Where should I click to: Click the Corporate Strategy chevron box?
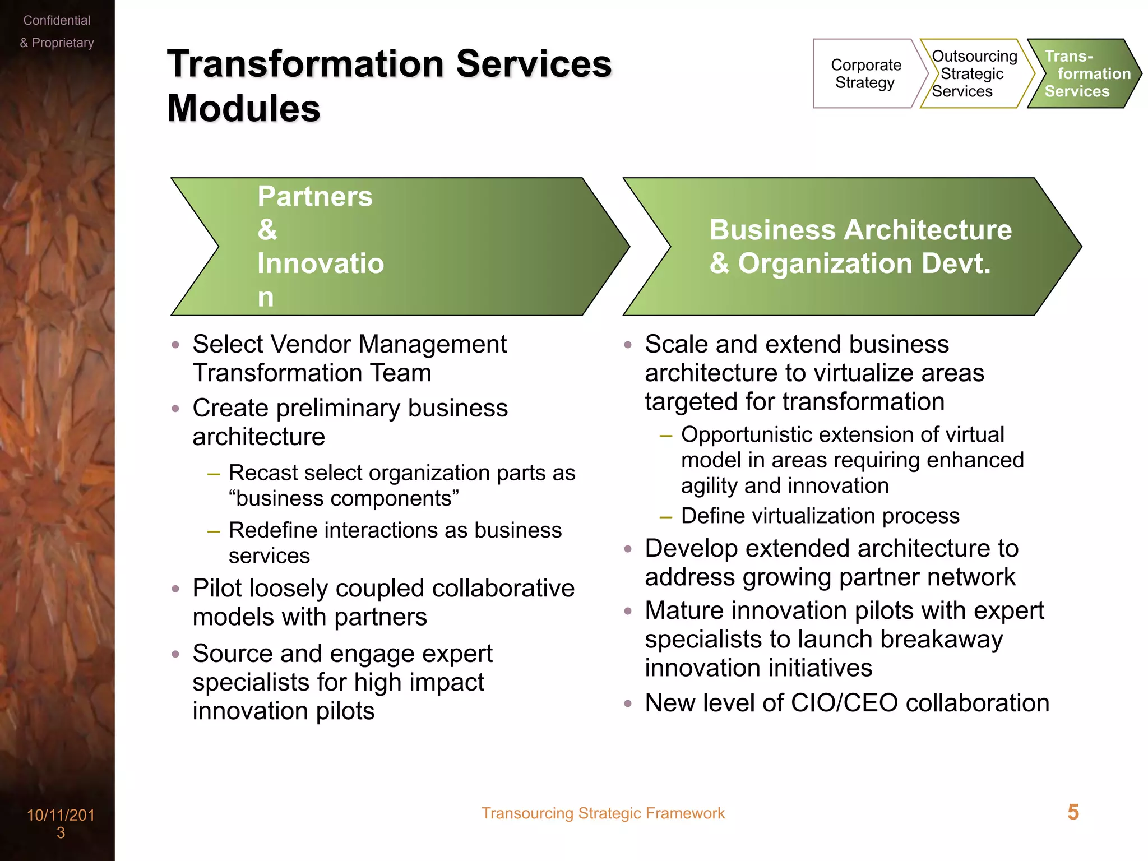click(x=865, y=73)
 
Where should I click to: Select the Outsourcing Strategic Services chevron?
click(x=974, y=73)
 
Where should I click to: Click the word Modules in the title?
click(x=243, y=108)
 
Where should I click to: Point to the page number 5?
click(x=1073, y=812)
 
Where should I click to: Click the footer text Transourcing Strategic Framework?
click(x=603, y=813)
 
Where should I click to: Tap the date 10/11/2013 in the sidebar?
click(x=61, y=823)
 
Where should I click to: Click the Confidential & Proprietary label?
click(x=57, y=31)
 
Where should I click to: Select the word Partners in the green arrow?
click(x=315, y=197)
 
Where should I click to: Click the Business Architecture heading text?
click(x=860, y=230)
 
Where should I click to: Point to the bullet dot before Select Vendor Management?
click(x=175, y=345)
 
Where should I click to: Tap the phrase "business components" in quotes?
click(x=344, y=498)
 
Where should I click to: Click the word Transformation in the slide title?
click(x=306, y=64)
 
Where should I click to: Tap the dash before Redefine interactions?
click(x=213, y=531)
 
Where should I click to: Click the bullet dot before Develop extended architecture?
click(x=628, y=549)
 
